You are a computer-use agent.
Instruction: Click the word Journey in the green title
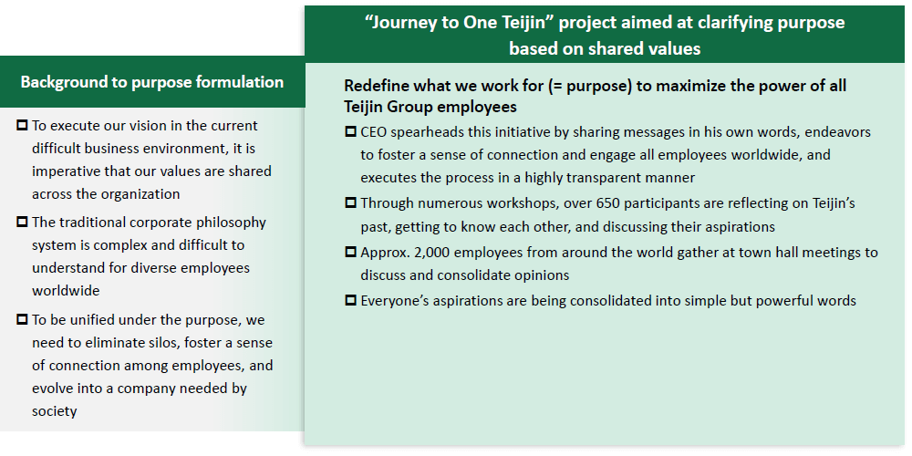click(400, 23)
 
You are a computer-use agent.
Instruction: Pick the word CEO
click(373, 132)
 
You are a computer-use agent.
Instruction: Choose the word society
click(54, 411)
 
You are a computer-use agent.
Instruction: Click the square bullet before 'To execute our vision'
click(22, 125)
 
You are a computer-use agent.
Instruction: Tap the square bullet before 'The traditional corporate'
click(22, 222)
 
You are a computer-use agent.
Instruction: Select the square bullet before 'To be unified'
click(22, 318)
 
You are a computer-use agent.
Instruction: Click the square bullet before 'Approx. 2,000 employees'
click(351, 252)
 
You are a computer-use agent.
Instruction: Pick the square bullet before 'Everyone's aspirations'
click(351, 300)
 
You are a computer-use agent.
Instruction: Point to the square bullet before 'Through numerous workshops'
click(351, 202)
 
